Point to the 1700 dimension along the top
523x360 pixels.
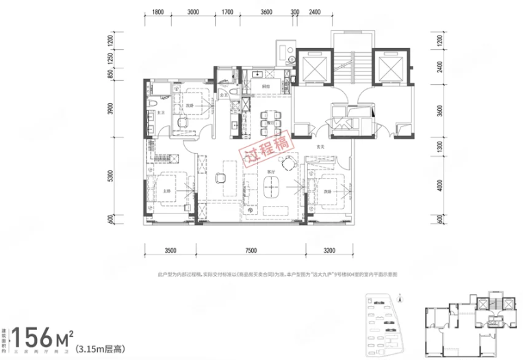tap(228, 12)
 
